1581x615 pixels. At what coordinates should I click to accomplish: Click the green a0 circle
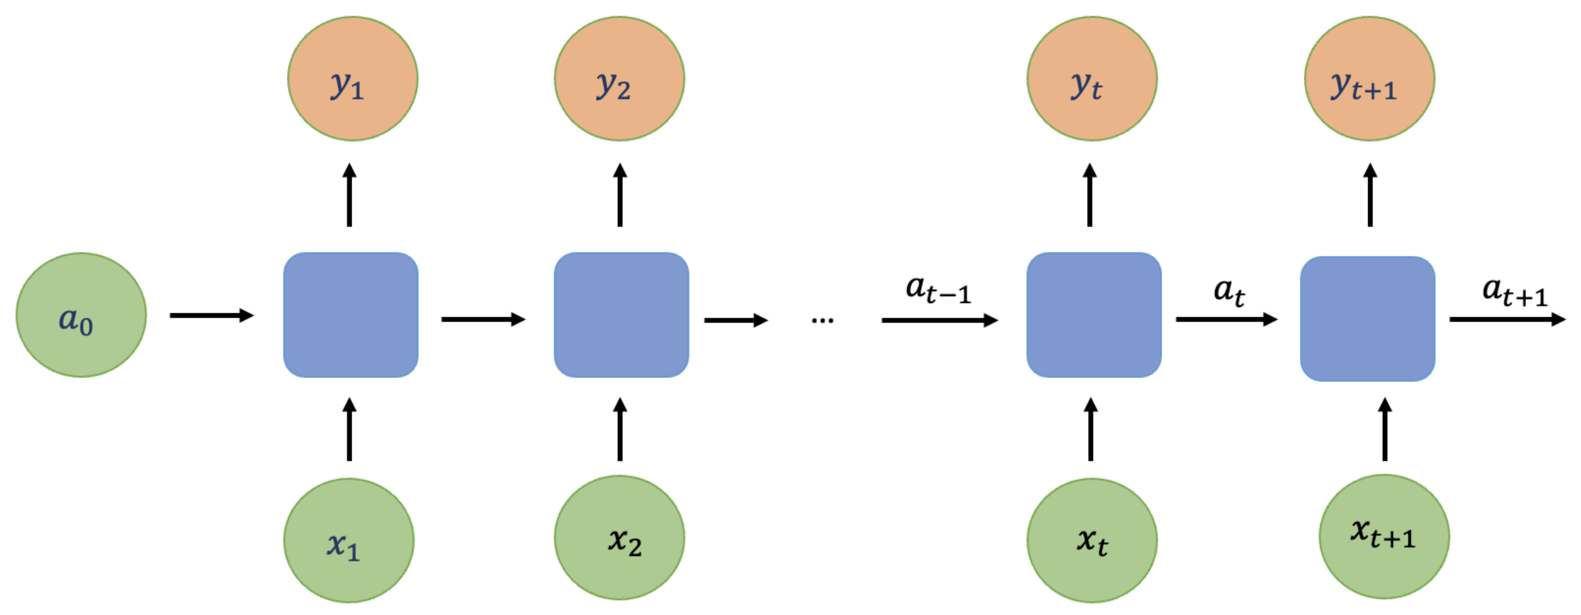click(81, 315)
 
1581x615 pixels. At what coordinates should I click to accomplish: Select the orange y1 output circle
click(353, 79)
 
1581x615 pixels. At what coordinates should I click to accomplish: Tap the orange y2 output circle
click(620, 79)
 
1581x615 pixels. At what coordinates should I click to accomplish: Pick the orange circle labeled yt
click(1092, 79)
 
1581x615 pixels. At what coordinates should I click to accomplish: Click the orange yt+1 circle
click(1369, 79)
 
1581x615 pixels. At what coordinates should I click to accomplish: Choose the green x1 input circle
click(349, 540)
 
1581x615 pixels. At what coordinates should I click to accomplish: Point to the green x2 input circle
click(620, 538)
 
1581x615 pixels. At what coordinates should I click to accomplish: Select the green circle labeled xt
click(1092, 540)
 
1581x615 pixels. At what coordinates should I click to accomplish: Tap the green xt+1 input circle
click(1384, 536)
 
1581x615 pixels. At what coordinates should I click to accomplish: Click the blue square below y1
click(351, 315)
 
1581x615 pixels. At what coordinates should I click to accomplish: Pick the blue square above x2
click(621, 315)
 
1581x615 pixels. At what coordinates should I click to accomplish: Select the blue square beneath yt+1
click(1368, 318)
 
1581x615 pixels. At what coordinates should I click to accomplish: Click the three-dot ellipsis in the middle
click(822, 320)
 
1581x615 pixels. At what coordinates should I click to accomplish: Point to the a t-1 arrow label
click(938, 290)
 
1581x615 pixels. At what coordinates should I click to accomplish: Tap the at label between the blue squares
click(1229, 291)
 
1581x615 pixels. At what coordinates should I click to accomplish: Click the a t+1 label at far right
click(1514, 291)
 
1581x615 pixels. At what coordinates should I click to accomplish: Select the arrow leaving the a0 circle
click(212, 316)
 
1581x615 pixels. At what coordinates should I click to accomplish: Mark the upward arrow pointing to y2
click(620, 195)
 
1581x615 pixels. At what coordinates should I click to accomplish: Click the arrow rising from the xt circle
click(1091, 430)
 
